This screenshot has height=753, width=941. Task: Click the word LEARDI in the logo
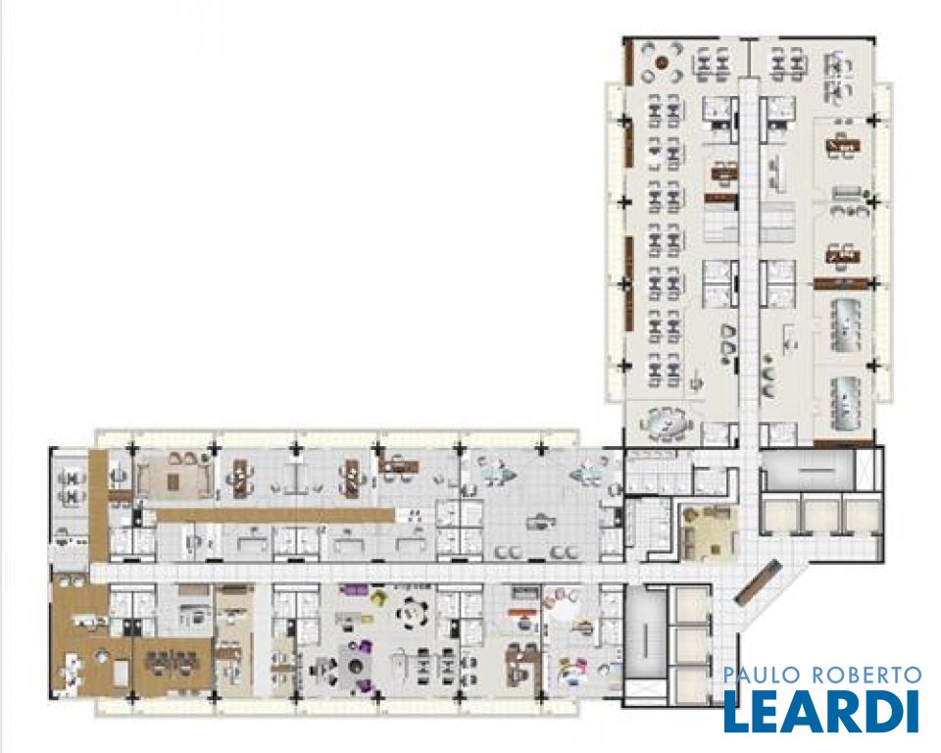click(821, 711)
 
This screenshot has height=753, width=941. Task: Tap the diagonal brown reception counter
click(758, 581)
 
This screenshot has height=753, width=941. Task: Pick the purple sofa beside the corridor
click(351, 591)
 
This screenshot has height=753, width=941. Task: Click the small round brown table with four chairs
click(662, 62)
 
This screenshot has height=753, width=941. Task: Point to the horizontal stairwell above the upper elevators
click(807, 471)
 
